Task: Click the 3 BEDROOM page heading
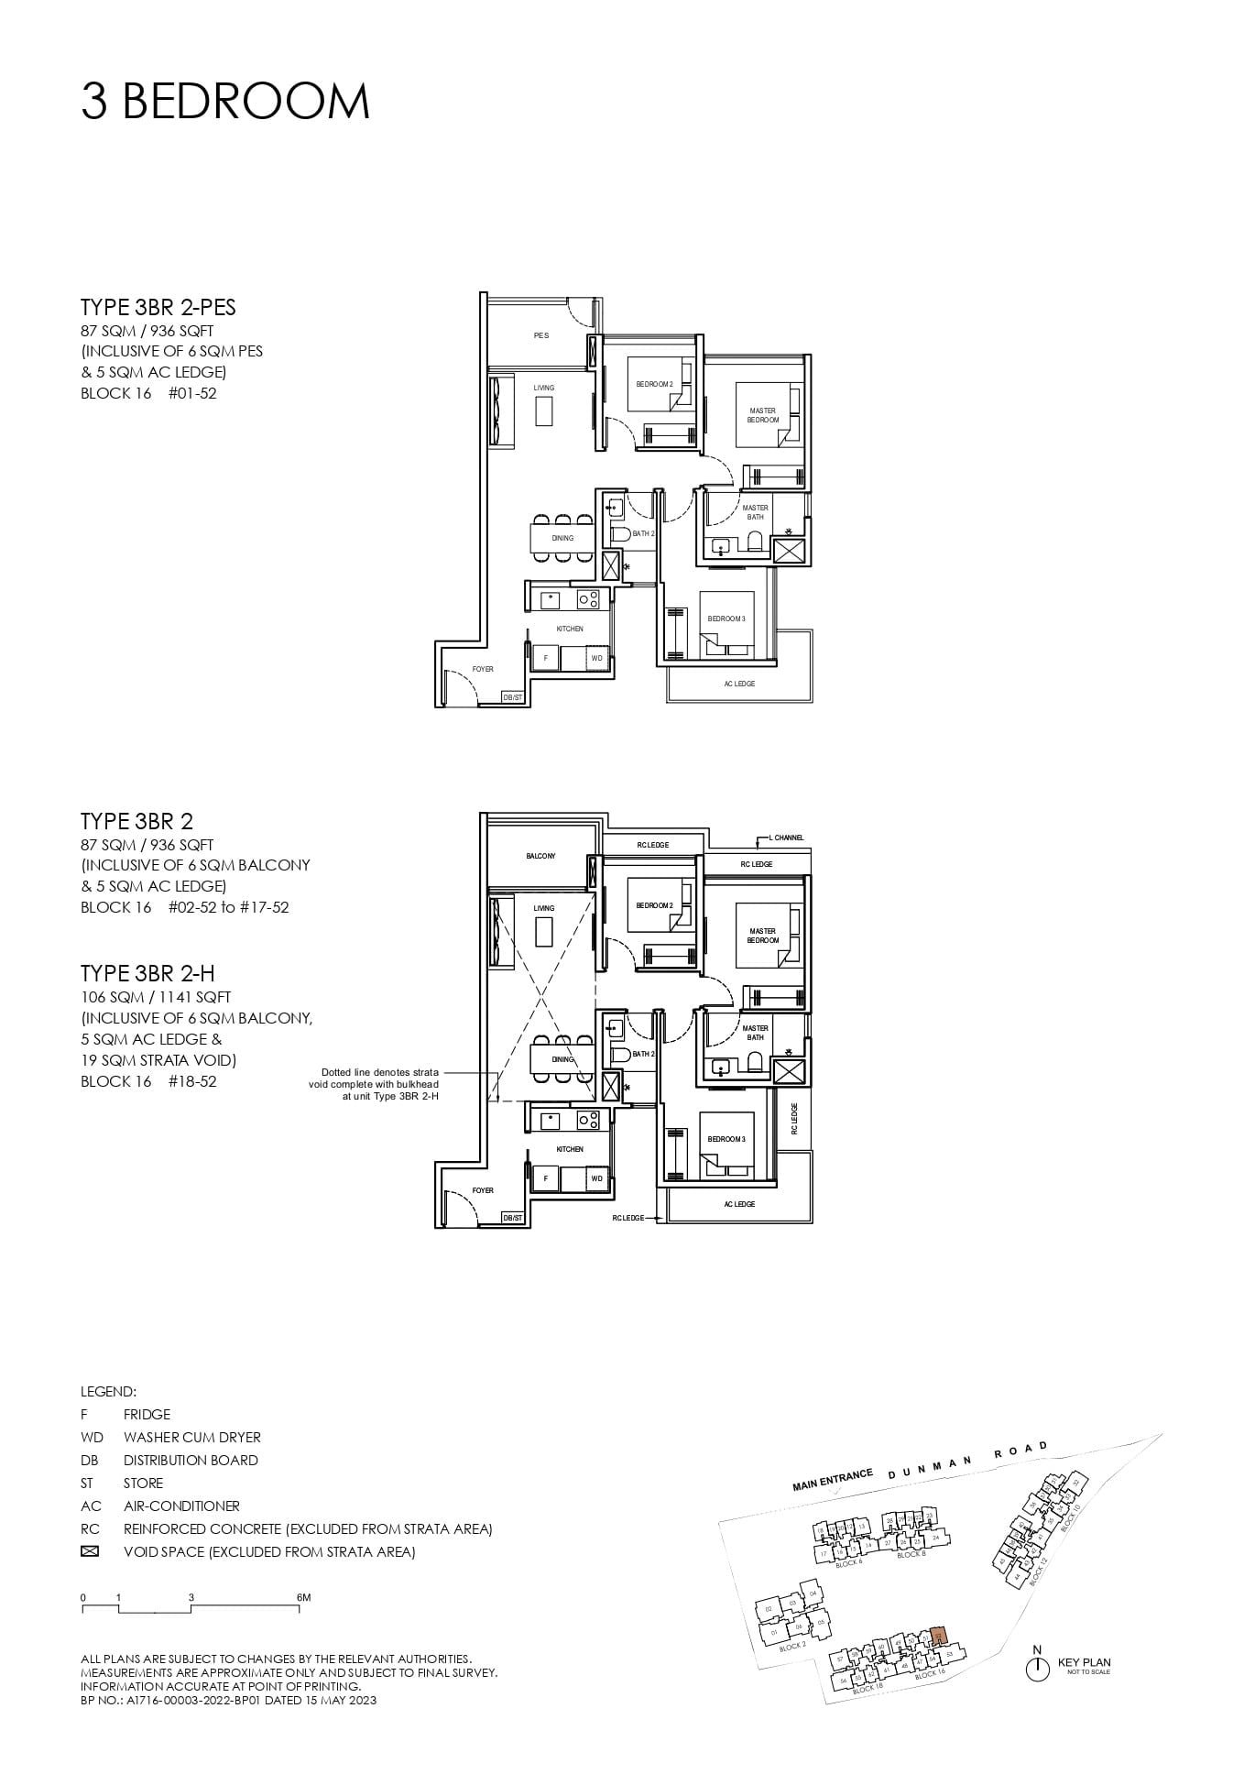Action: [x=225, y=101]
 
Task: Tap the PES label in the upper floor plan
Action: [x=541, y=335]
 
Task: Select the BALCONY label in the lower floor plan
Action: [x=540, y=856]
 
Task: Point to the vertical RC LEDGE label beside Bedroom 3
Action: [x=794, y=1119]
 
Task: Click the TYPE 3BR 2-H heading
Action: [x=147, y=973]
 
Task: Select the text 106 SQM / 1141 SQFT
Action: [x=156, y=997]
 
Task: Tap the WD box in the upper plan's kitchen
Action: [x=596, y=658]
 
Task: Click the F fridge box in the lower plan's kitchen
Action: [x=546, y=1178]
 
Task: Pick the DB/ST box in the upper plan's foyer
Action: [x=512, y=697]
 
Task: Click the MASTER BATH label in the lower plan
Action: [x=755, y=1033]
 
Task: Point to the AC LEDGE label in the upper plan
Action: [x=738, y=684]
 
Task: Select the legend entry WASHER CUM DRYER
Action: [x=191, y=1437]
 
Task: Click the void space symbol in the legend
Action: [x=90, y=1551]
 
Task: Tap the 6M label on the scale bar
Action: [x=304, y=1597]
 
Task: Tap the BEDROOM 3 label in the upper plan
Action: [x=726, y=619]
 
